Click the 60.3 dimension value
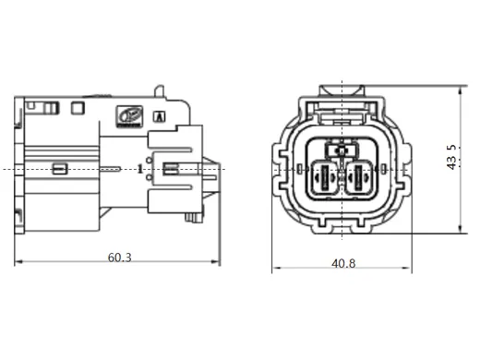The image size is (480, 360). (x=119, y=256)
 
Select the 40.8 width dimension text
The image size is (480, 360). (x=343, y=263)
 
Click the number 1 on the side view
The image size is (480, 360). (x=138, y=169)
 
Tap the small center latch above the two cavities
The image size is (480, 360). (x=342, y=150)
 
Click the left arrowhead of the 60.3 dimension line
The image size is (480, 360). (x=18, y=263)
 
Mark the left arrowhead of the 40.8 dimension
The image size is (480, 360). (x=275, y=270)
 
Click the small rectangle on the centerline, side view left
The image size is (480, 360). (x=59, y=168)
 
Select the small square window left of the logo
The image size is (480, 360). (x=79, y=110)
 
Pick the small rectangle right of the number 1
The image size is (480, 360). (x=171, y=168)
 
